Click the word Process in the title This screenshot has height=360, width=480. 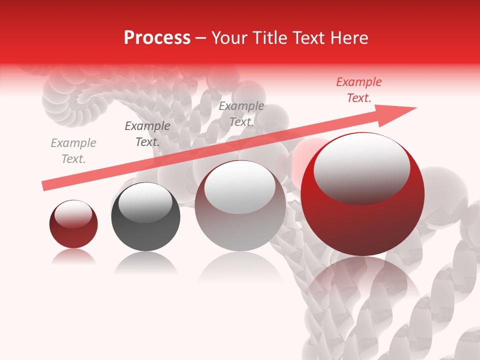157,38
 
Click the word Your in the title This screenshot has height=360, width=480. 230,38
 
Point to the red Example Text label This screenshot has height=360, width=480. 358,90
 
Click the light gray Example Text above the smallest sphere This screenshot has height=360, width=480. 73,151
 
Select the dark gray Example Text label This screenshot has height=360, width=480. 147,134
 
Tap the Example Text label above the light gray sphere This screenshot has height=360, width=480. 241,114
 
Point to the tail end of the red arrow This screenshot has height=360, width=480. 44,186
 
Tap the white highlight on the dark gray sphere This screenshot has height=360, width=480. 145,202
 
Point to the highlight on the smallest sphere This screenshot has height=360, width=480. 73,214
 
